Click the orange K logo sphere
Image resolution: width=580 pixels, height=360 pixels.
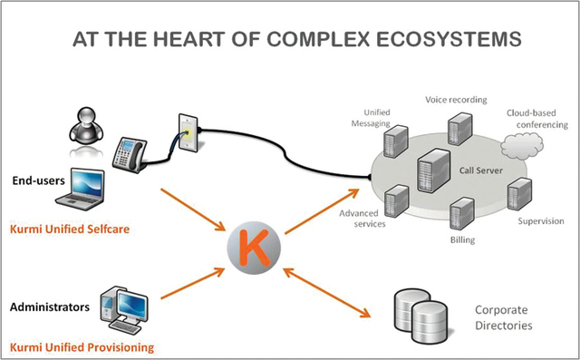pyautogui.click(x=254, y=248)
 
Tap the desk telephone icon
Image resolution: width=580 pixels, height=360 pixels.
pyautogui.click(x=130, y=155)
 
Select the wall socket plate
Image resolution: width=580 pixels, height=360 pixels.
pyautogui.click(x=188, y=132)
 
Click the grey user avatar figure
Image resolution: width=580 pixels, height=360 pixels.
pyautogui.click(x=86, y=125)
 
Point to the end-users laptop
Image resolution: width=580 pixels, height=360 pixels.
pyautogui.click(x=81, y=189)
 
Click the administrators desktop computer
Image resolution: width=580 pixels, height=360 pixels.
pyautogui.click(x=124, y=310)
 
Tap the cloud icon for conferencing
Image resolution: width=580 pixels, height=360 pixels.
pyautogui.click(x=522, y=146)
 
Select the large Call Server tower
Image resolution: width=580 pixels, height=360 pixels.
pyautogui.click(x=433, y=170)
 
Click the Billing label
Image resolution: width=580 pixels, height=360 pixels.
pyautogui.click(x=462, y=239)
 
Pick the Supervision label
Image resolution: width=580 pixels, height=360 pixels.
pyautogui.click(x=541, y=221)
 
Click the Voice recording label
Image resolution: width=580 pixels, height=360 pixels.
pyautogui.click(x=456, y=100)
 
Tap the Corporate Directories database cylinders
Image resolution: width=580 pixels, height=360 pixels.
pyautogui.click(x=420, y=316)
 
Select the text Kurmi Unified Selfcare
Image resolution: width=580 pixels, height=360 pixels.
pyautogui.click(x=70, y=229)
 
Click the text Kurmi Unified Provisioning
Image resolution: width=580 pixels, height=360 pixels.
pyautogui.click(x=82, y=347)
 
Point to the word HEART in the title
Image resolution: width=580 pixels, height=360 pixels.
pyautogui.click(x=189, y=39)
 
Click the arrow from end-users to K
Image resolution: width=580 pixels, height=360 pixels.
pyautogui.click(x=193, y=209)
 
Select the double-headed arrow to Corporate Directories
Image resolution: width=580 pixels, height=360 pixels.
pyautogui.click(x=326, y=293)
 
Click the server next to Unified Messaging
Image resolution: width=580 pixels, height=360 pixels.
pyautogui.click(x=395, y=141)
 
